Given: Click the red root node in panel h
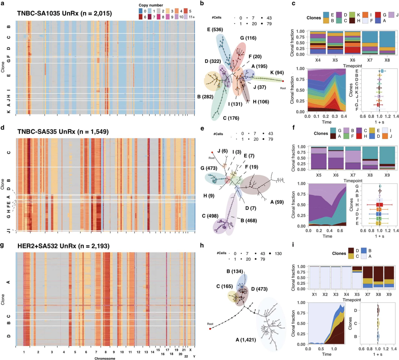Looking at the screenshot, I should [x=210, y=328].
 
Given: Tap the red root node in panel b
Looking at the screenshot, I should [x=283, y=81].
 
